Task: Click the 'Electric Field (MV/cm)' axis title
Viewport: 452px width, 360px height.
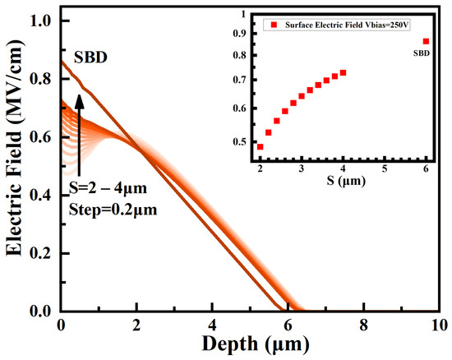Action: (x=15, y=163)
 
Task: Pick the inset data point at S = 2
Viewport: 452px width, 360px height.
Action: (x=261, y=147)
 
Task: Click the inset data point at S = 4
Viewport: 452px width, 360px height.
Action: (x=343, y=73)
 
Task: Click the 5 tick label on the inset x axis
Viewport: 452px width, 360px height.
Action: (x=385, y=168)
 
